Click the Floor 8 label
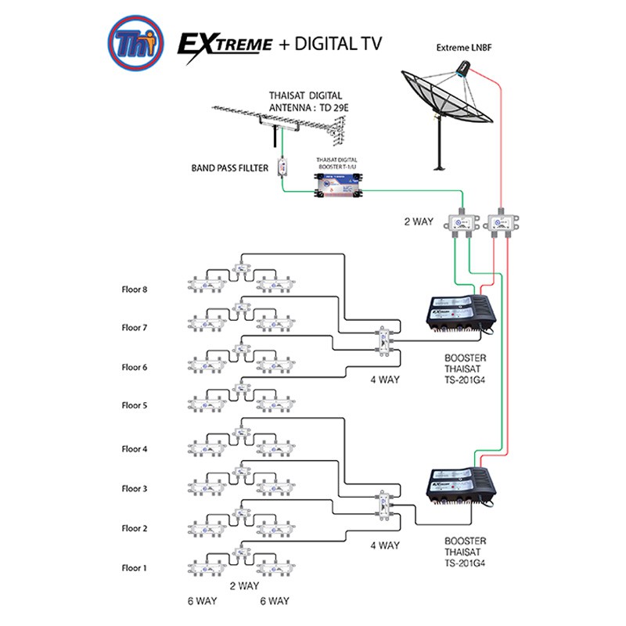click(134, 290)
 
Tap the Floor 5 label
click(134, 405)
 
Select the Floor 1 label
click(134, 568)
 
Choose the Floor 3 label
click(134, 489)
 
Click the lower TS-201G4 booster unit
click(458, 491)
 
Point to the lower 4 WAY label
click(385, 545)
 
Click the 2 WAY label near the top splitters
click(418, 222)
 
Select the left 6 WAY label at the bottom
click(201, 601)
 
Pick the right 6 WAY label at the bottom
click(274, 601)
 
